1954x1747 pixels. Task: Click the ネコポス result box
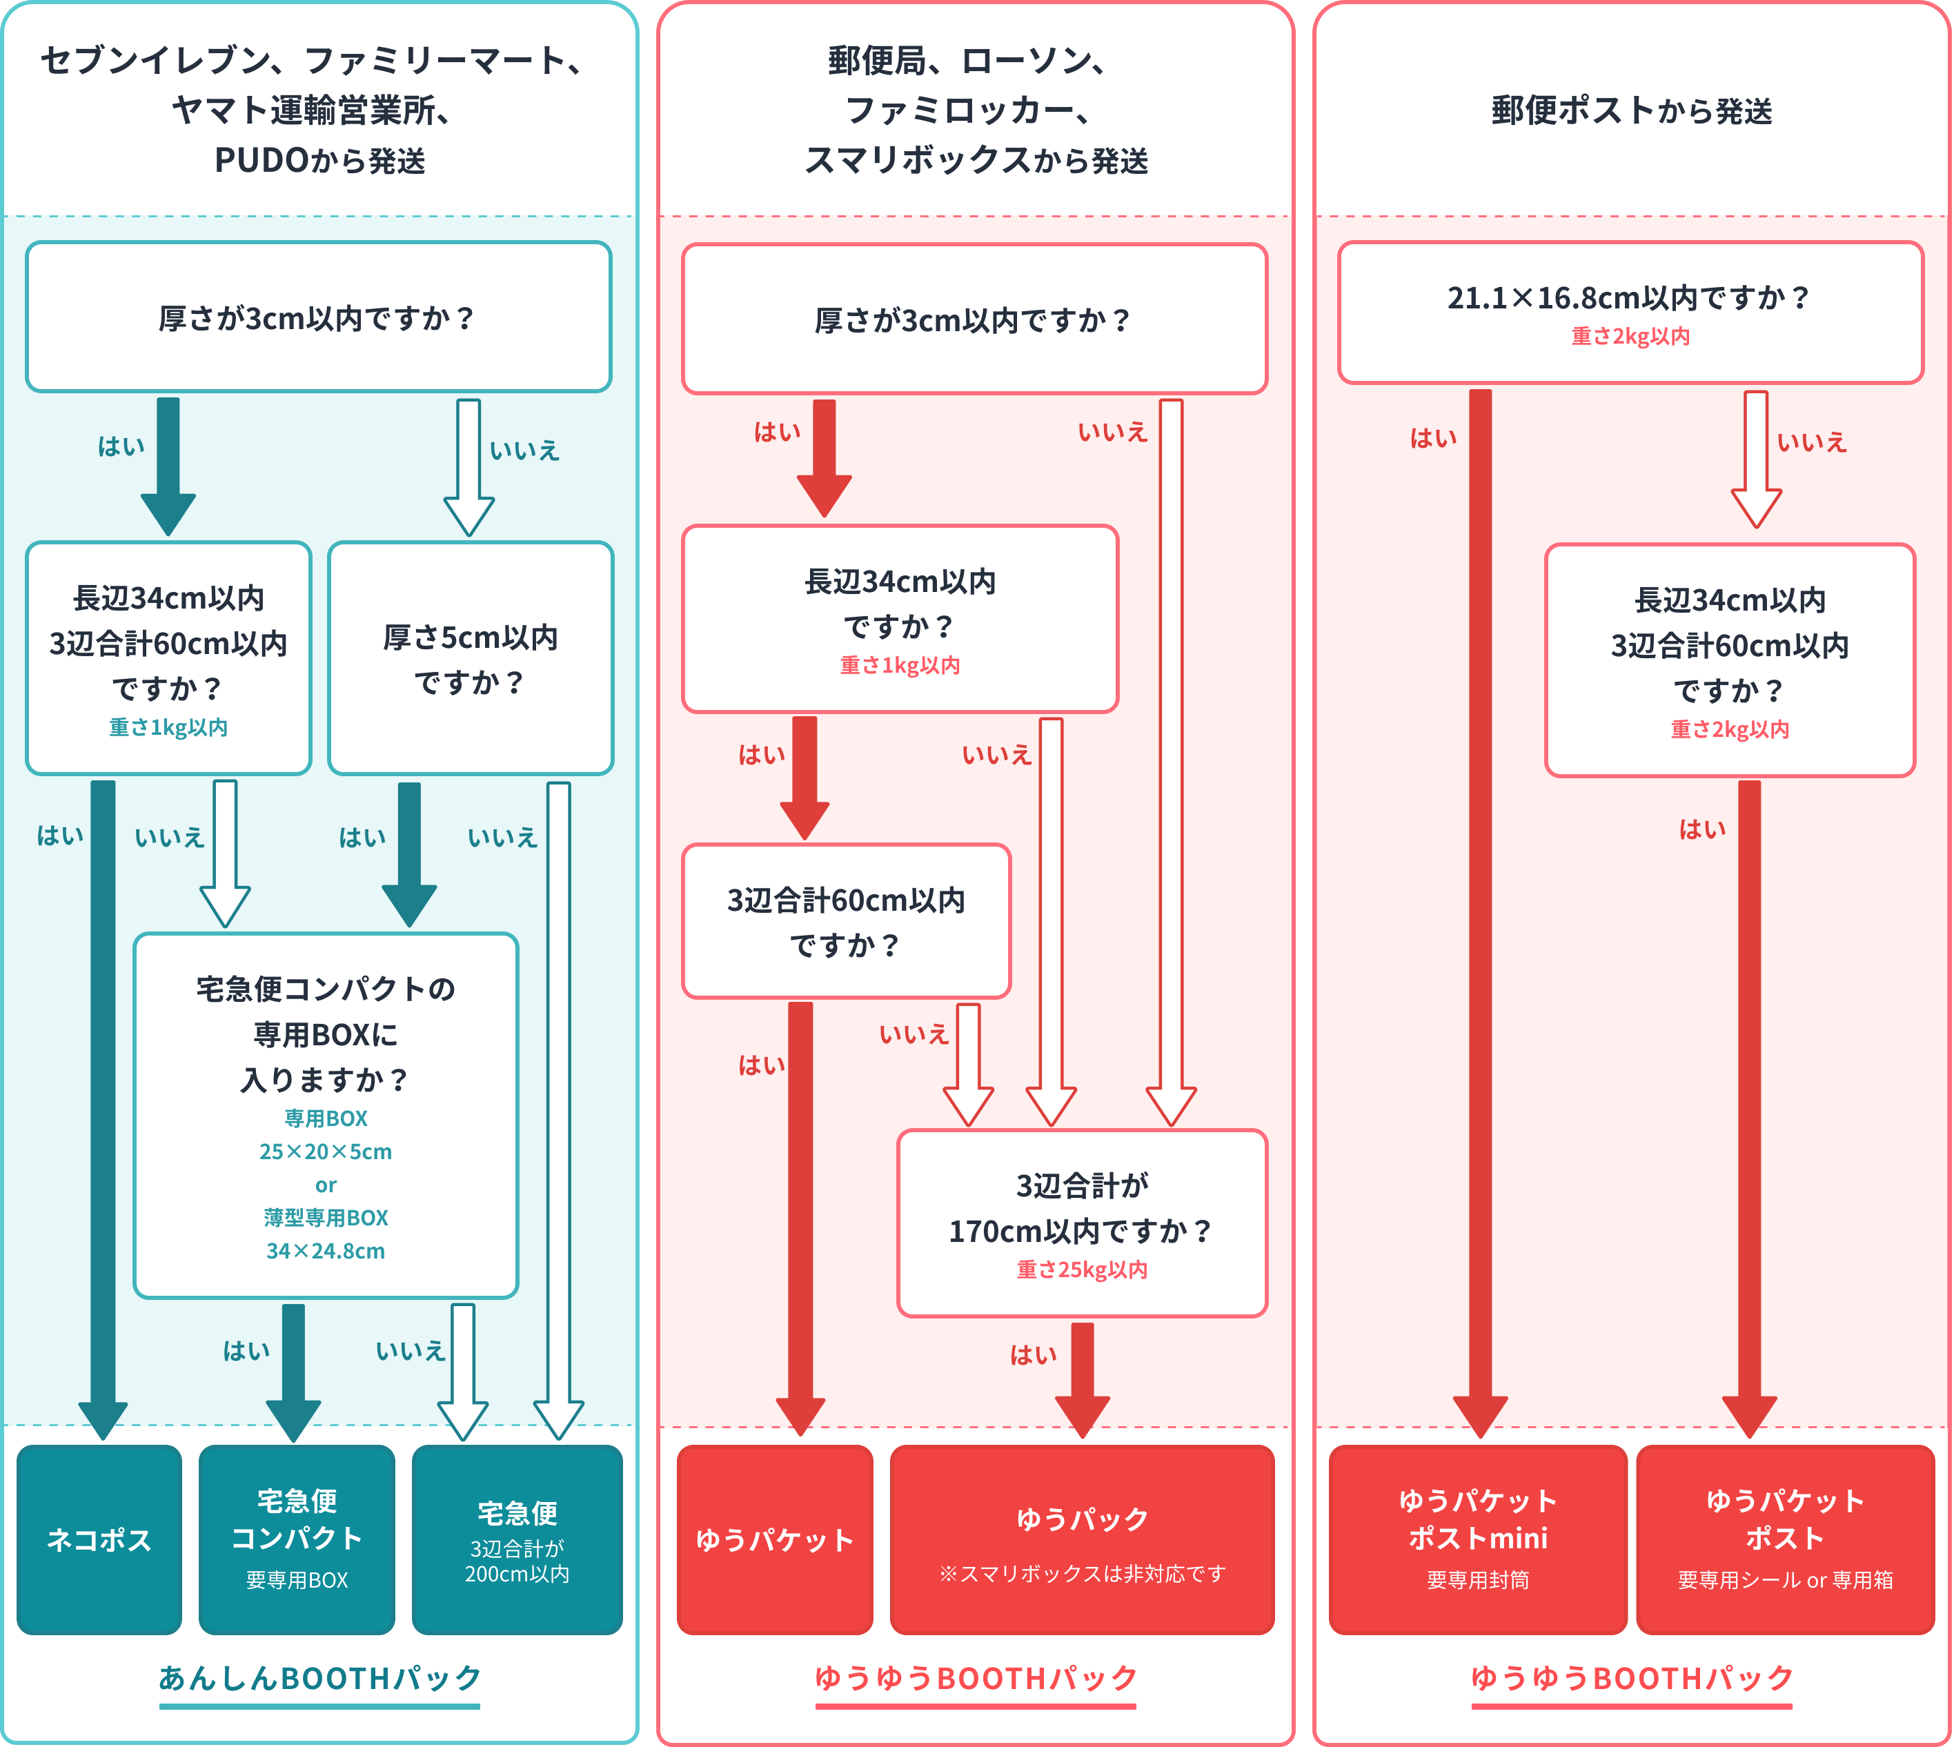(99, 1539)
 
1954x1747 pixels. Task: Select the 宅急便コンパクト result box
(297, 1539)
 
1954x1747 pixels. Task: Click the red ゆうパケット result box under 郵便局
(775, 1539)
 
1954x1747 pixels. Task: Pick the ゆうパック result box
(1082, 1539)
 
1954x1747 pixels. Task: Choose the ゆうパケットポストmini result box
(1477, 1539)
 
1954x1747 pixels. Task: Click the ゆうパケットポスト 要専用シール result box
(1784, 1539)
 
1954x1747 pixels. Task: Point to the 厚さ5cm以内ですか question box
(471, 658)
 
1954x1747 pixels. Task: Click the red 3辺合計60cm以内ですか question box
(845, 922)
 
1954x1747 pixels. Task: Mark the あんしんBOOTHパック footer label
(319, 1678)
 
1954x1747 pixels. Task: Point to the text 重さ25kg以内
(1082, 1270)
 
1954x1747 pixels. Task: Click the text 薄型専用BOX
(326, 1218)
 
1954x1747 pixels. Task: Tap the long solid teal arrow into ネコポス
(103, 1104)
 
